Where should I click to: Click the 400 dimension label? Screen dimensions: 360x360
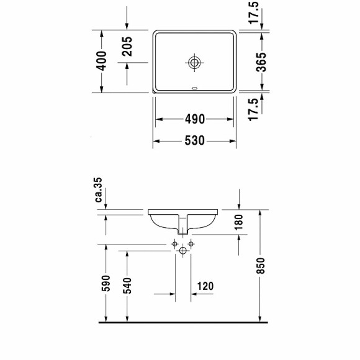103,60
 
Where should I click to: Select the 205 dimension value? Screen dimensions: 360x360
127,46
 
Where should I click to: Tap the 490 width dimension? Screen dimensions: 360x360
194,119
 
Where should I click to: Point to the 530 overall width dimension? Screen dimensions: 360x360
194,141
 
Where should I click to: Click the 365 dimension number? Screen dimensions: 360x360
261,61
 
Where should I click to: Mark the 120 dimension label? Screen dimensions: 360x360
205,286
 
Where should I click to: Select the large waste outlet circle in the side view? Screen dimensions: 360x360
182,251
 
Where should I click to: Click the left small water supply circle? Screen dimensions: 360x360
174,243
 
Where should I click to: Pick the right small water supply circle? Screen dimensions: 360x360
191,243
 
